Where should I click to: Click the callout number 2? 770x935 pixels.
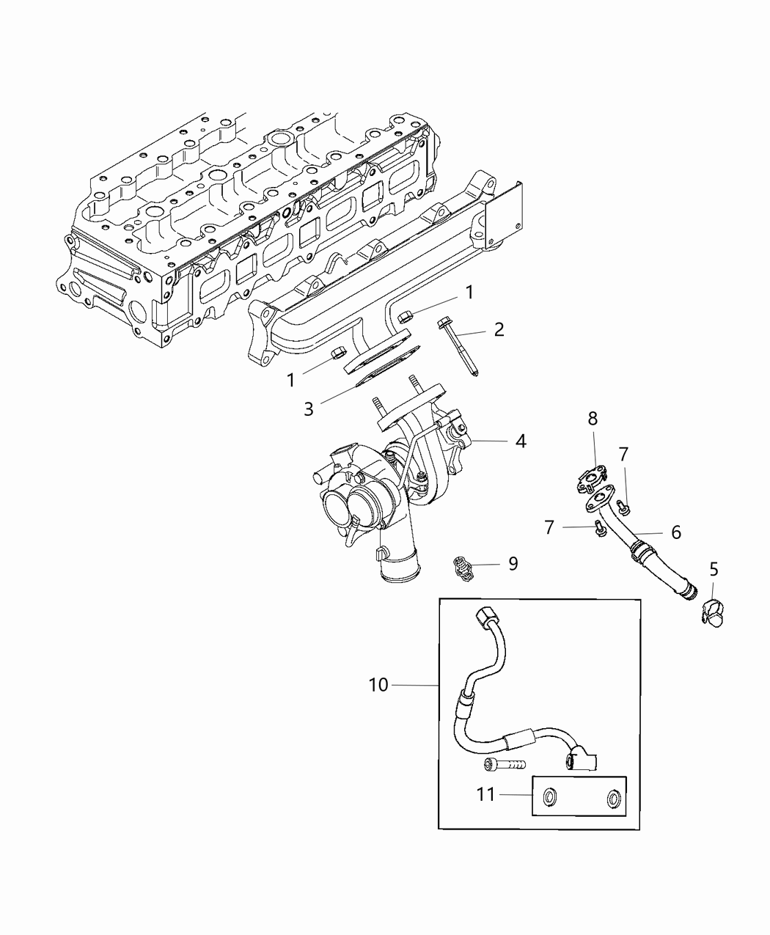499,329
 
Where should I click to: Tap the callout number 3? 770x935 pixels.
309,409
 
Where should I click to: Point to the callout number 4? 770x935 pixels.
521,441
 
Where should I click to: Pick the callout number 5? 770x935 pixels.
714,569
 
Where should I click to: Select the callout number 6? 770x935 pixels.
675,532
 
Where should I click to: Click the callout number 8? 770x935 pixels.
593,419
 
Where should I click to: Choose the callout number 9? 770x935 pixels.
513,563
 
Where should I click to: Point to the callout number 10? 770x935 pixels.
378,685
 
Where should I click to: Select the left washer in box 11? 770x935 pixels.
549,796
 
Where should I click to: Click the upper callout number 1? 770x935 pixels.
469,293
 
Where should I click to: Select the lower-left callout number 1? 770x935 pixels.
290,380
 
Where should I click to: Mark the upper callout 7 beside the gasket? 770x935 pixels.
623,455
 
